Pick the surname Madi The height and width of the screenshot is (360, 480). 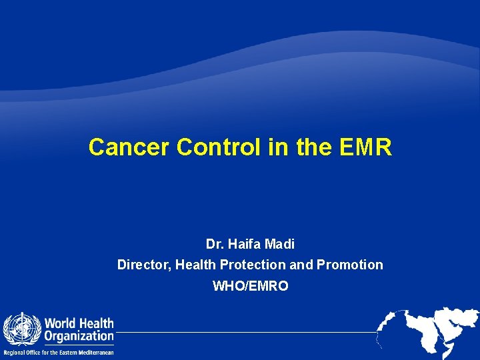279,245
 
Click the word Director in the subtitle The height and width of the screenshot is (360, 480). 143,265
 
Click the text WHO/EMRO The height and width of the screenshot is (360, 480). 250,286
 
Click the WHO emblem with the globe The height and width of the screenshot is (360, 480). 22,329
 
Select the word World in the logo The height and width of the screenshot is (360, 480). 61,324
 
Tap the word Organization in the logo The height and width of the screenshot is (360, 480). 79,337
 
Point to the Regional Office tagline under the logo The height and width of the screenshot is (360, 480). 59,352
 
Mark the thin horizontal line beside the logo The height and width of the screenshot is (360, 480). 247,331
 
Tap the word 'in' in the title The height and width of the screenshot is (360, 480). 277,147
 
